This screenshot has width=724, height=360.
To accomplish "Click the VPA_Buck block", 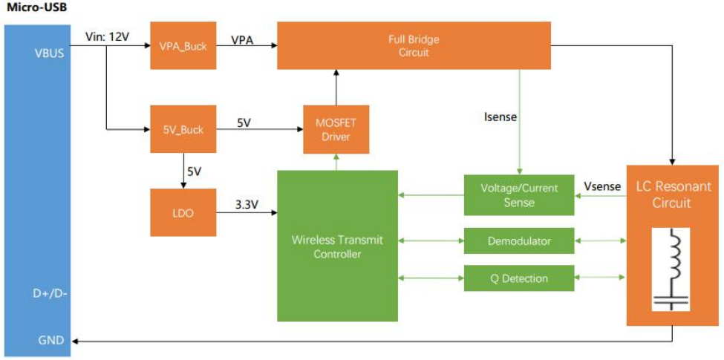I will (183, 45).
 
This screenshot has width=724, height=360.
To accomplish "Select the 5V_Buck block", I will (183, 130).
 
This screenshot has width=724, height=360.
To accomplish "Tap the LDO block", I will (183, 212).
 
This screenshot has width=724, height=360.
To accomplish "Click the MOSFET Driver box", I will (336, 130).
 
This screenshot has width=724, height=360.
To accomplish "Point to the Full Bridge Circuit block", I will (414, 45).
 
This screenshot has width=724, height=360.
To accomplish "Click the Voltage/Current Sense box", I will (518, 195).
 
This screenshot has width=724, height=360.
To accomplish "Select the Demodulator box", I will (518, 240).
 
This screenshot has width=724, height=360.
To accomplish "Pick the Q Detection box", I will (518, 278).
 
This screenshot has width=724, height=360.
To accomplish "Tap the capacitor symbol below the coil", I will (673, 301).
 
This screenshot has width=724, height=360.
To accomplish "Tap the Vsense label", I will (602, 186).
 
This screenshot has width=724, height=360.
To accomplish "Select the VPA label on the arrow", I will (242, 39).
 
